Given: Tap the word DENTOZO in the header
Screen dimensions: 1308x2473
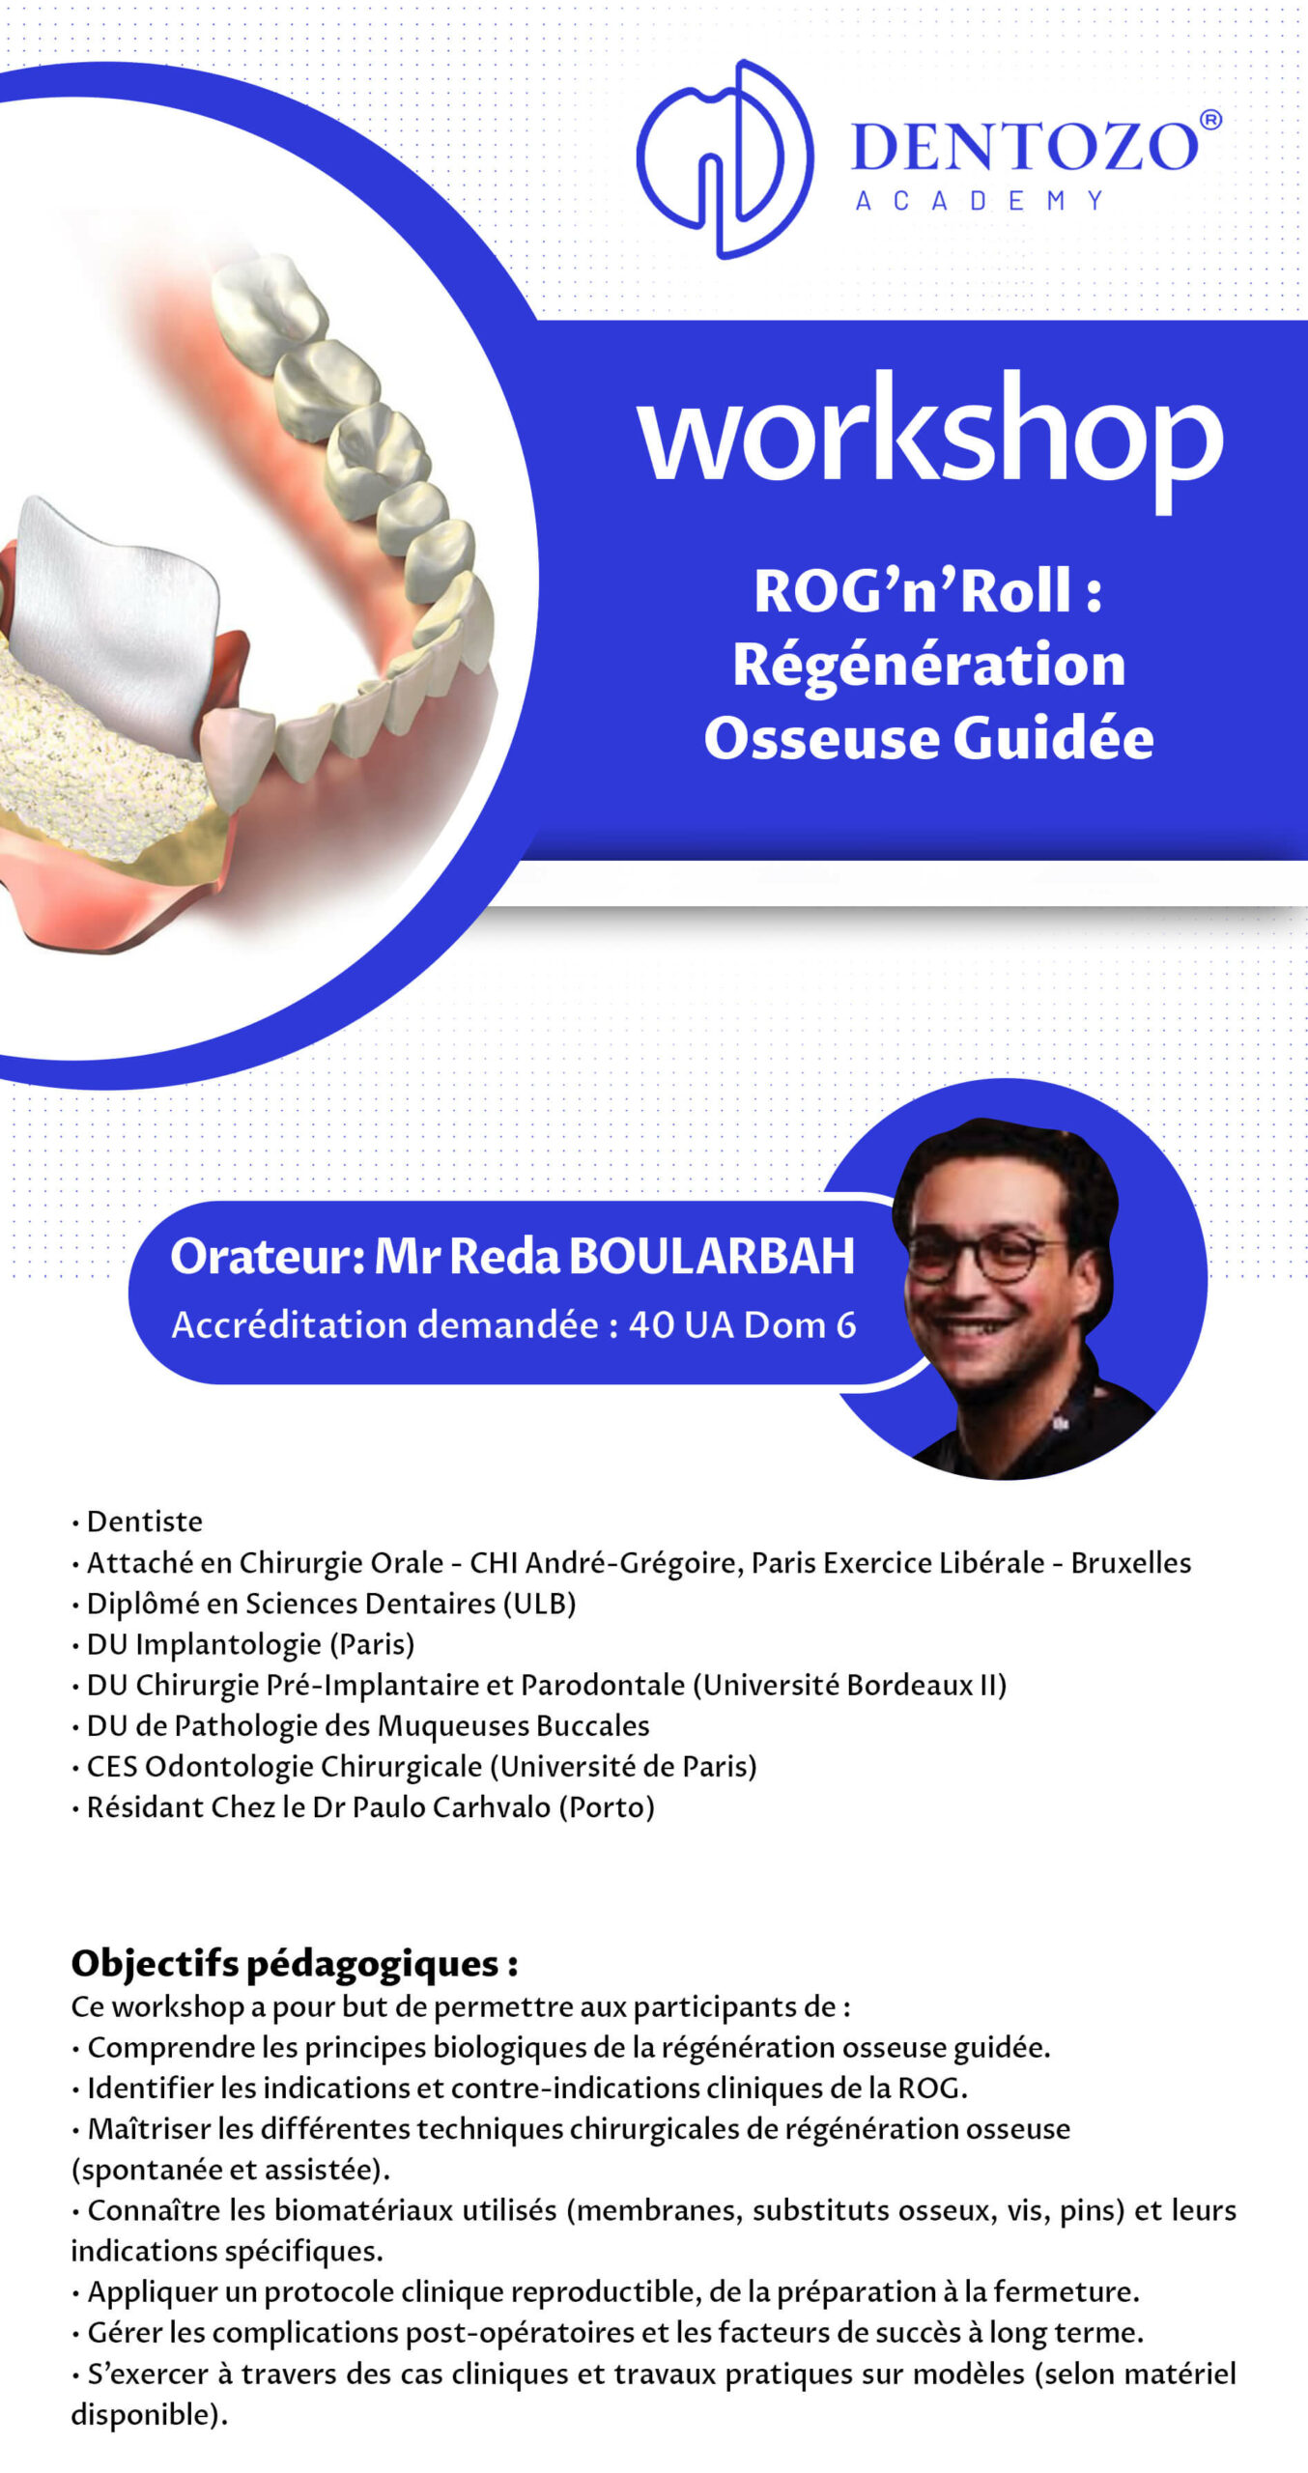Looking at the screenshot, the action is point(1024,148).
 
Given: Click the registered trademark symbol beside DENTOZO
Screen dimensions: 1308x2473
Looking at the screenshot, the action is point(1210,120).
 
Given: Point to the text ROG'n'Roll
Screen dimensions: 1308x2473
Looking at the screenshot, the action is point(913,591).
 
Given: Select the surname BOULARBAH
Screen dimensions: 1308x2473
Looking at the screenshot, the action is point(712,1257).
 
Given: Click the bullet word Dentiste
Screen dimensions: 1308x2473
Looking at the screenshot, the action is point(145,1521).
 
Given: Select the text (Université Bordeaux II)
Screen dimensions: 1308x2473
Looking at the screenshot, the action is point(850,1685).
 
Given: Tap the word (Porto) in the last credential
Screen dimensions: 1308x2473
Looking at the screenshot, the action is point(607,1807).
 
